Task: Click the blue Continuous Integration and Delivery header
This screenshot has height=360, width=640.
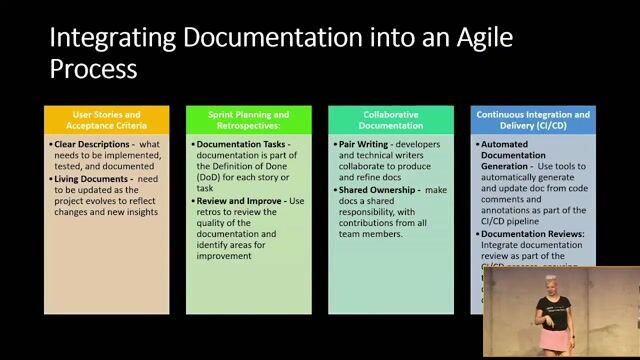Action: coord(532,120)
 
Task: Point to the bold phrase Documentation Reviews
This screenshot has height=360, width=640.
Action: coord(530,234)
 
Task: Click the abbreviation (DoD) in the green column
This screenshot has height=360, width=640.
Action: coord(209,178)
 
